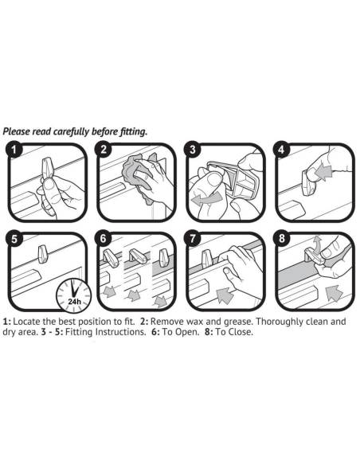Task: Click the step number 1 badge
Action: click(x=14, y=149)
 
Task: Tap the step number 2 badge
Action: click(x=103, y=149)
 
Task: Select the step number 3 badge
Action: click(x=193, y=149)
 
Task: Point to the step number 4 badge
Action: click(x=281, y=149)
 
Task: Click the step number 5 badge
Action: click(x=14, y=239)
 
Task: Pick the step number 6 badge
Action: click(x=103, y=239)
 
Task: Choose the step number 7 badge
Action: click(x=193, y=239)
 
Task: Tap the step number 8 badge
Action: click(x=281, y=239)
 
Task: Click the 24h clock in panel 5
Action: click(x=74, y=295)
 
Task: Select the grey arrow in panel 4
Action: click(x=323, y=173)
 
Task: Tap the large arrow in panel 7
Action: click(x=224, y=295)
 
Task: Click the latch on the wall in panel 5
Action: click(x=43, y=254)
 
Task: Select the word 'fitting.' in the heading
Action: click(x=133, y=131)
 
